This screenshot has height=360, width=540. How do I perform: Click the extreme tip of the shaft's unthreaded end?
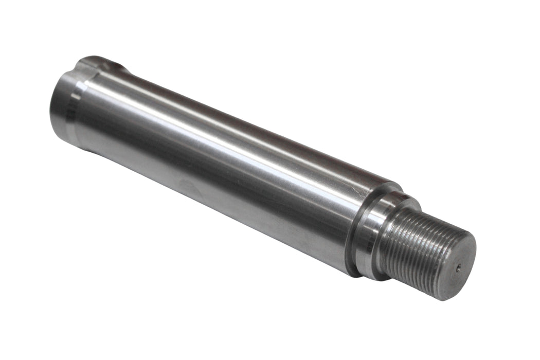pyautogui.click(x=51, y=103)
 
